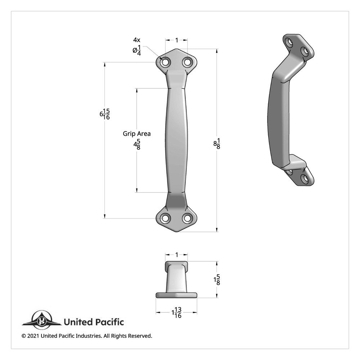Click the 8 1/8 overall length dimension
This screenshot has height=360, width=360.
[217, 144]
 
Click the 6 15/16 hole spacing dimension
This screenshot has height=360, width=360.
[105, 114]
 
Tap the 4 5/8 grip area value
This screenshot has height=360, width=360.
[137, 145]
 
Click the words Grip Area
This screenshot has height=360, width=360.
[137, 134]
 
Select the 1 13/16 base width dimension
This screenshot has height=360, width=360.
[176, 313]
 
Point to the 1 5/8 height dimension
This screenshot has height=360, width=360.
[217, 280]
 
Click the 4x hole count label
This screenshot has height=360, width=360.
[137, 40]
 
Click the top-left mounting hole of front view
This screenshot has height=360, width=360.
[165, 62]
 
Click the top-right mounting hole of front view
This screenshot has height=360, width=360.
[187, 62]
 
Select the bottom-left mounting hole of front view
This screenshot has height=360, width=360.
[165, 218]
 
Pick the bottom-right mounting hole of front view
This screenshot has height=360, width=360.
[187, 218]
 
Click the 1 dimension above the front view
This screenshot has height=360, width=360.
[176, 40]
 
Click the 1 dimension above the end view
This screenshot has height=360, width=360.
[176, 255]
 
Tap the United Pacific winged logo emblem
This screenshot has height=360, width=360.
[41, 320]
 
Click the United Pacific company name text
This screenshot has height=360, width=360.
[94, 322]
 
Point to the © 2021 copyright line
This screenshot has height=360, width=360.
[87, 336]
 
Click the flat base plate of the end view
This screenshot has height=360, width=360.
[176, 295]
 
